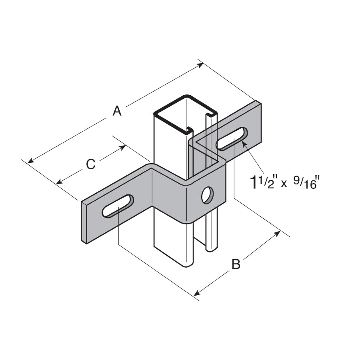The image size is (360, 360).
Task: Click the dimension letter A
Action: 117,111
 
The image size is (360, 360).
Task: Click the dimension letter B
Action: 236,264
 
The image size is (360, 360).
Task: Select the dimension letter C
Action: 91,164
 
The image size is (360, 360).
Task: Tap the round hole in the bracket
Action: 207,195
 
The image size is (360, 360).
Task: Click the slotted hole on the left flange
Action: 118,206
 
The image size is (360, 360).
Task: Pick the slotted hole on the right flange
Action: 232,139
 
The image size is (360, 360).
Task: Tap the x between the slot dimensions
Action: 284,184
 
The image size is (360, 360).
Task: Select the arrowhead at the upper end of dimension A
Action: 200,65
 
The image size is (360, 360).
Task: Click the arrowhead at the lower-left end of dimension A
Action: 30,160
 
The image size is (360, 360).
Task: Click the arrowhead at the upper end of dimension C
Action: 123,147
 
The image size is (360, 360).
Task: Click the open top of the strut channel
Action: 186,114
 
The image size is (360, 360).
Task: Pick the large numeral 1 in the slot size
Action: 254,182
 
